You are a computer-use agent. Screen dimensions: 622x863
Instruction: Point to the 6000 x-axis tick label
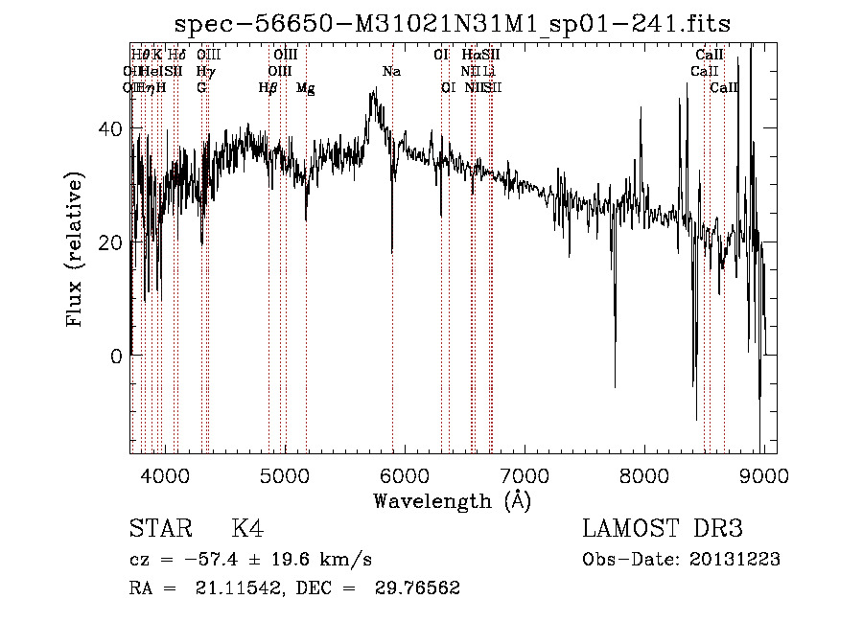406,474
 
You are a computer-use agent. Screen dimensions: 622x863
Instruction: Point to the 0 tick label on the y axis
116,356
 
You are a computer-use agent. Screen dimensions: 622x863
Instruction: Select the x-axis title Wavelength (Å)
452,500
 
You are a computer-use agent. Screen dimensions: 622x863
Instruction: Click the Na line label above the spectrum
391,71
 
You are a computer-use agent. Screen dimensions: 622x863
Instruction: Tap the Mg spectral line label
305,87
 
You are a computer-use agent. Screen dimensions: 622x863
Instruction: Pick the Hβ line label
268,87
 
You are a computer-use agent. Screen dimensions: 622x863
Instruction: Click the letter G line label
201,87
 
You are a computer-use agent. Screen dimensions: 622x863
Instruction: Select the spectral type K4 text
247,529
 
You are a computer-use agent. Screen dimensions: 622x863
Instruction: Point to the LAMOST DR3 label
663,529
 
